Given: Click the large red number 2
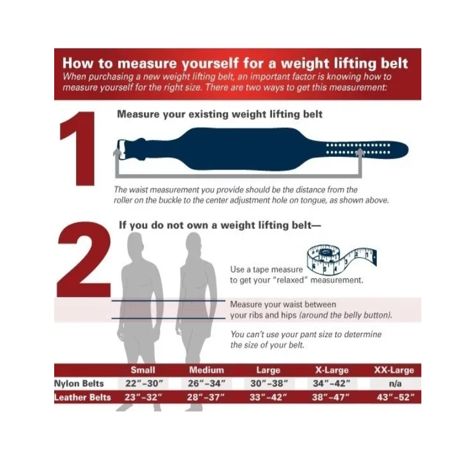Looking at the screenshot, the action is point(84,259).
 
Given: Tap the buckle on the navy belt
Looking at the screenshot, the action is point(121,149).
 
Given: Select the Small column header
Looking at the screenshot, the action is point(143,370).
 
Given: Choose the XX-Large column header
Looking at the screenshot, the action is point(394,370).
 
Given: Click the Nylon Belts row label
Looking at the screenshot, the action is point(79,383).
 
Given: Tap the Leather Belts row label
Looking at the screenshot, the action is point(82,397).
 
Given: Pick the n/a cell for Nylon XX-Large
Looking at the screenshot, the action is point(395,383).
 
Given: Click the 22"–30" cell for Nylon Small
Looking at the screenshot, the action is point(143,383).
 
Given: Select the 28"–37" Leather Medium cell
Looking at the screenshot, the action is point(206,397).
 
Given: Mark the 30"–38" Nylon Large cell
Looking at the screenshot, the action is point(269,383).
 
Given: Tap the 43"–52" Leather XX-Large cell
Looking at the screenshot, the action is point(396,397).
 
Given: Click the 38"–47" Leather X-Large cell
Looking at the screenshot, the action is point(331,397).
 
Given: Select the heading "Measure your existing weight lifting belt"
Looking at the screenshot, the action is point(220,114).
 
